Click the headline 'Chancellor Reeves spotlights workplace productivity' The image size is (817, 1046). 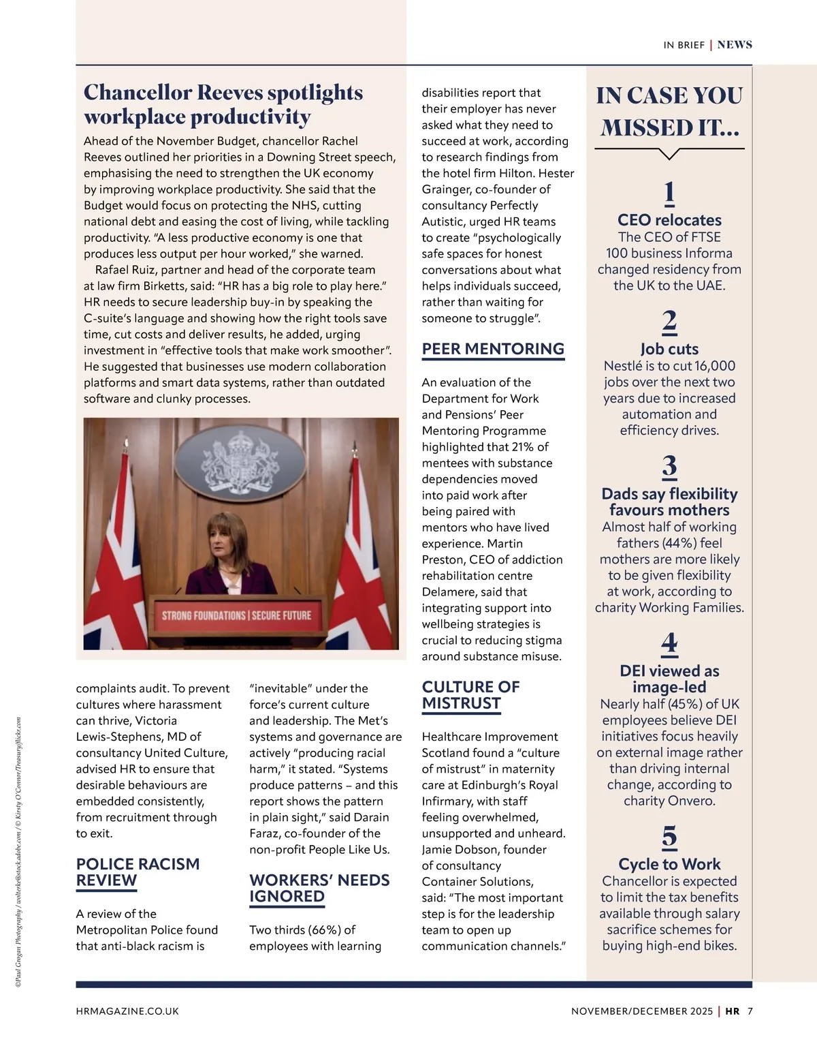[x=223, y=104]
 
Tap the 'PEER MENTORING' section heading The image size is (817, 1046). [x=493, y=349]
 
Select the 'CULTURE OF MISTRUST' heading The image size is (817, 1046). [x=470, y=695]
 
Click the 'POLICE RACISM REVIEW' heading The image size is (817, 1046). [x=138, y=872]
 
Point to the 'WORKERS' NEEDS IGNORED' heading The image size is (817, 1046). [x=319, y=888]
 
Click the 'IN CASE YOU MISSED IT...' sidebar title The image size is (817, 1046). [x=669, y=111]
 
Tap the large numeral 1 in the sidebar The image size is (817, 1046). [x=669, y=193]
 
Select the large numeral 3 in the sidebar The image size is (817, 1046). [x=669, y=467]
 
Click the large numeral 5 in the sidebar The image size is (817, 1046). [x=669, y=837]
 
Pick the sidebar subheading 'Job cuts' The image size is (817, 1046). [x=669, y=349]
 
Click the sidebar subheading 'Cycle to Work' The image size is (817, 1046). [x=669, y=864]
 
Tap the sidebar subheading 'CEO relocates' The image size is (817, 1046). [x=669, y=220]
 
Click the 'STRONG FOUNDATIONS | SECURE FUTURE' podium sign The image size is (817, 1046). [x=236, y=615]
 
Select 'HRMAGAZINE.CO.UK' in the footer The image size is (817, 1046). [x=127, y=1011]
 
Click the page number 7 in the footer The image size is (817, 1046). [x=750, y=1011]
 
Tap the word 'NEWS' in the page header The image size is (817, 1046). [x=735, y=45]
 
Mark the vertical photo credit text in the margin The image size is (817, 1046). [x=18, y=852]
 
